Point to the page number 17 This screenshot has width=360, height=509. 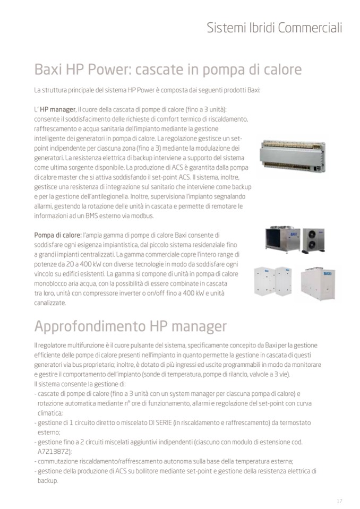(x=339, y=501)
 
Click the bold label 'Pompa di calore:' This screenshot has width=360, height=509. (x=57, y=234)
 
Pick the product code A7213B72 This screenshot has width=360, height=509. (x=54, y=451)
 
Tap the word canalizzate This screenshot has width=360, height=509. (x=50, y=303)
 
